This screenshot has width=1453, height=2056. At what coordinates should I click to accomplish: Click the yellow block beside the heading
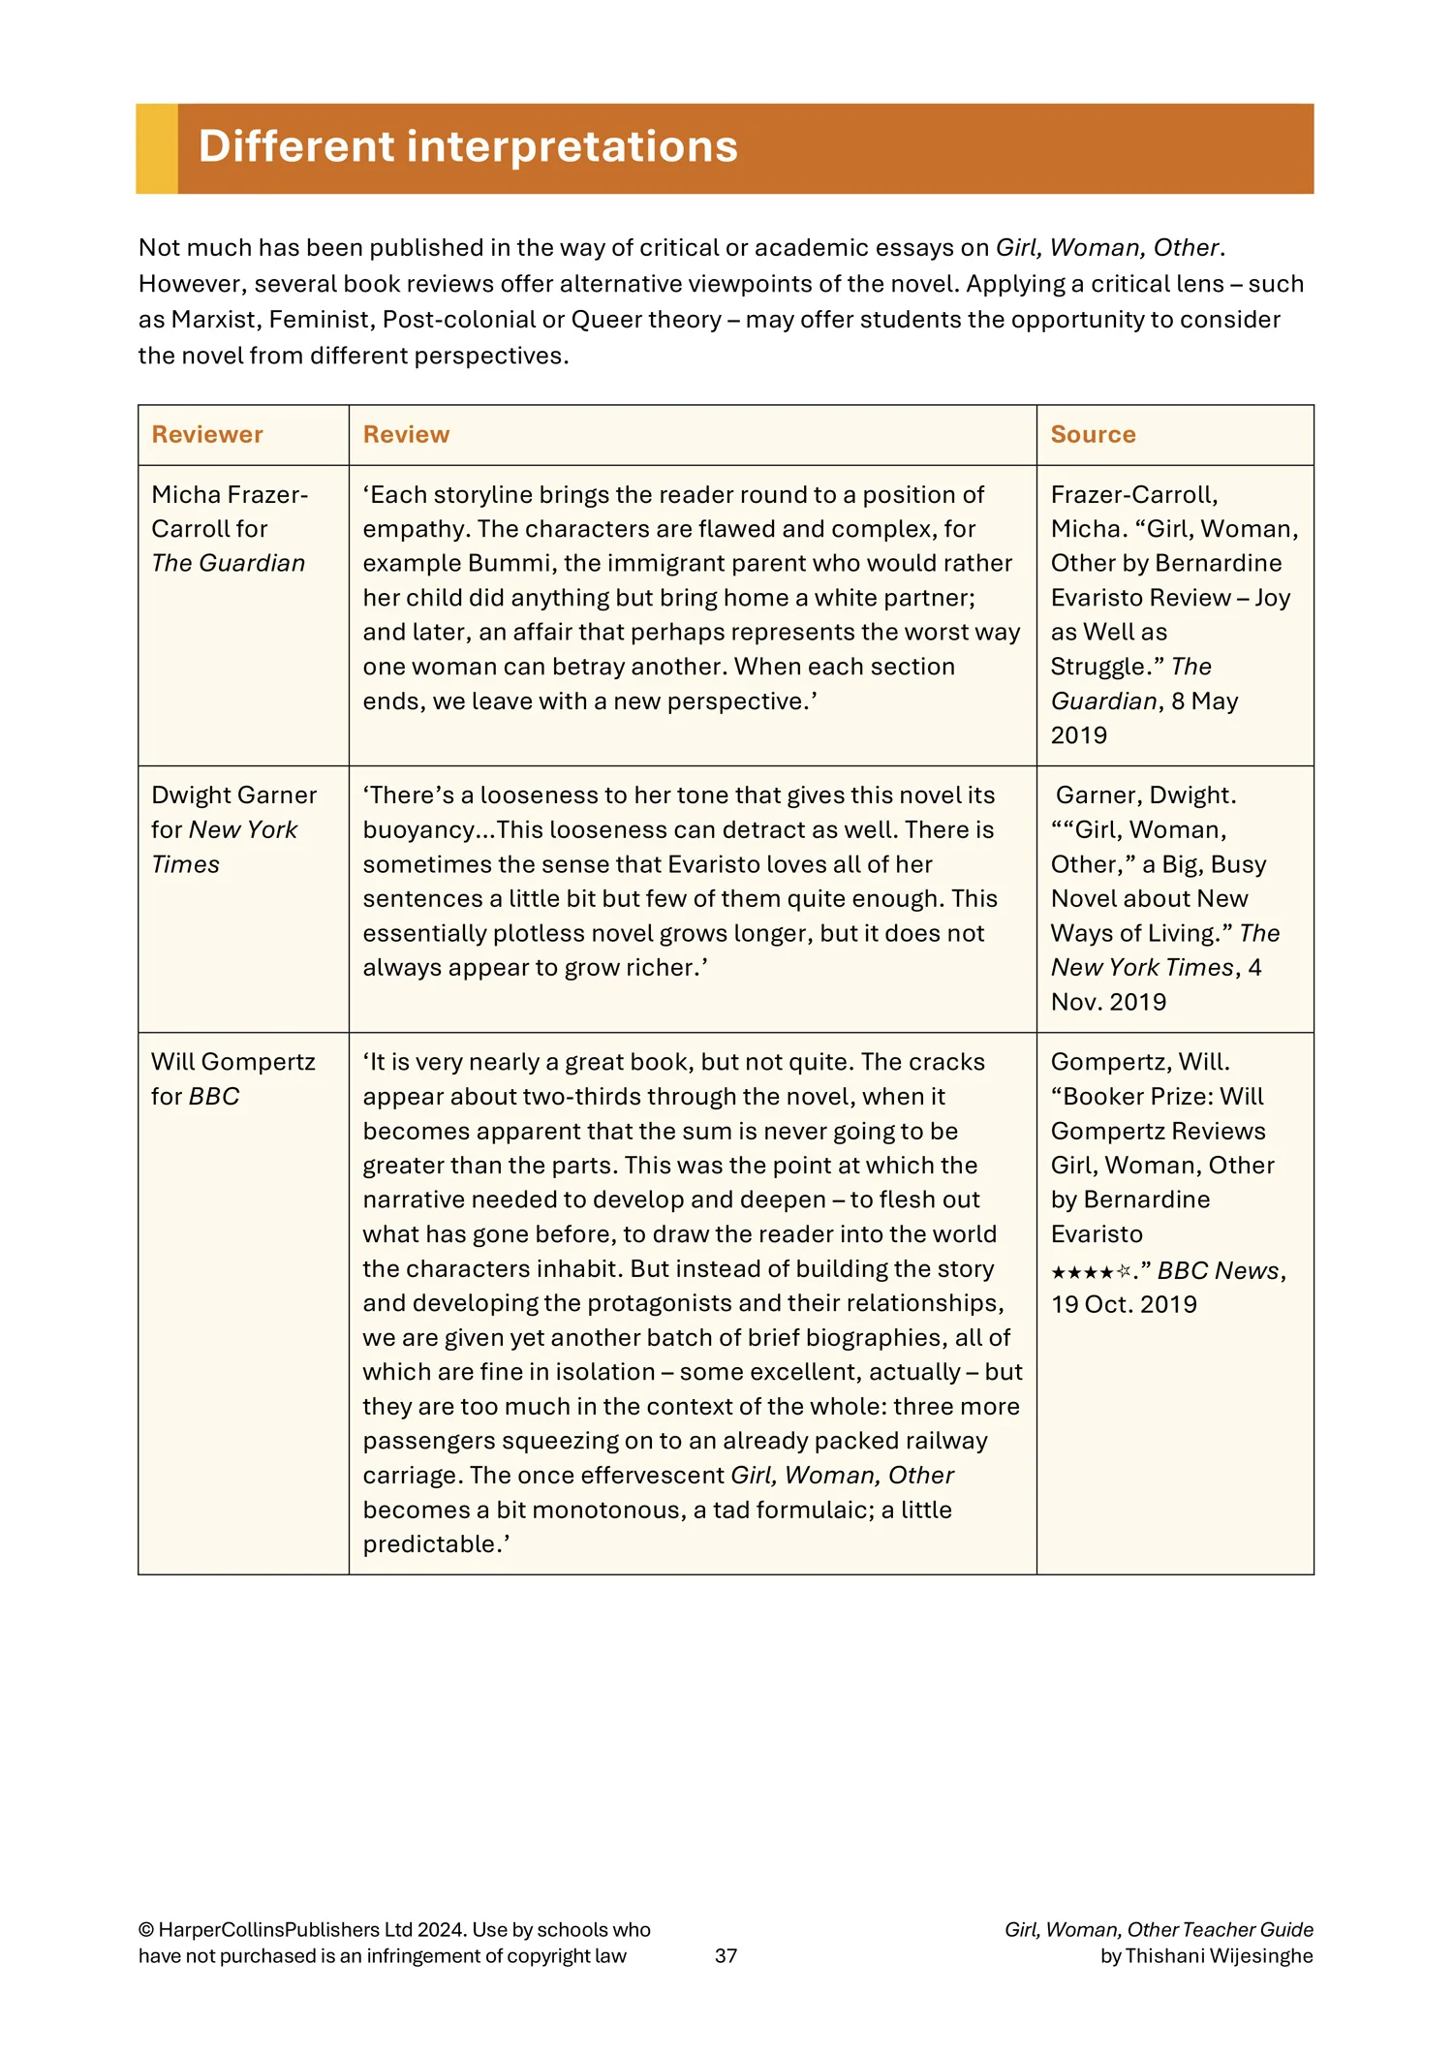157,148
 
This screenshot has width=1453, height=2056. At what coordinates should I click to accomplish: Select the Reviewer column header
207,435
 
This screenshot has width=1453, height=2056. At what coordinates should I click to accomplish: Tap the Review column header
406,435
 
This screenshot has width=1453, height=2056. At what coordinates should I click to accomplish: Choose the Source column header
1093,435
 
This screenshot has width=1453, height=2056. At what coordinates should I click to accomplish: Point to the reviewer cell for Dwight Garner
233,829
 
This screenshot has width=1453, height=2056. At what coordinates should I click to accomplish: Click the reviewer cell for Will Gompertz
232,1079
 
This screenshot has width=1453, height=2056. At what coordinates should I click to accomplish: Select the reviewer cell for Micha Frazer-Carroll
230,529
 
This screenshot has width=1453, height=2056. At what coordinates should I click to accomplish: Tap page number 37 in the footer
726,1955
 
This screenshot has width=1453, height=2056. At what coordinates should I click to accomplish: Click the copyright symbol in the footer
146,1930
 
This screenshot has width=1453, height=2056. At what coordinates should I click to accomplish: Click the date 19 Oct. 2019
1124,1304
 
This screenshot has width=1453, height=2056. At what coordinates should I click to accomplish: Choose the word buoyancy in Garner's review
418,830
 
